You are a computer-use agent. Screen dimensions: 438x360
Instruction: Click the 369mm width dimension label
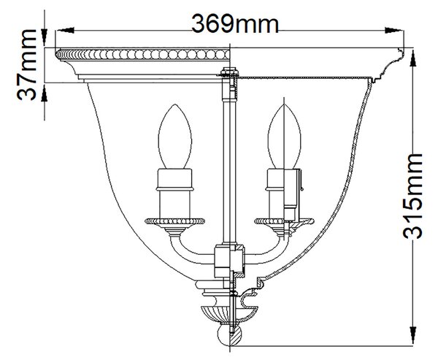click(235, 24)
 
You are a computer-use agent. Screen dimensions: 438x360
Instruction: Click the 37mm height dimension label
click(26, 64)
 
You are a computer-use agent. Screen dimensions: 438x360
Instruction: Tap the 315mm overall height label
click(412, 196)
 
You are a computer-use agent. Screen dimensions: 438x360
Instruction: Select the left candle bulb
click(175, 137)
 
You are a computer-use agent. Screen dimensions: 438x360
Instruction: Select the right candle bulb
click(284, 137)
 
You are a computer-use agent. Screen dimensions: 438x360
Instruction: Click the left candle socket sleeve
click(175, 193)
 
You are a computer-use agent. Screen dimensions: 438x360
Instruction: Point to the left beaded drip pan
click(175, 221)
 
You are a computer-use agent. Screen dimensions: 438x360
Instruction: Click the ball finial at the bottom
click(229, 335)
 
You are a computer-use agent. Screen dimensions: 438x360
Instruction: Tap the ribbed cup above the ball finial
click(230, 313)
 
